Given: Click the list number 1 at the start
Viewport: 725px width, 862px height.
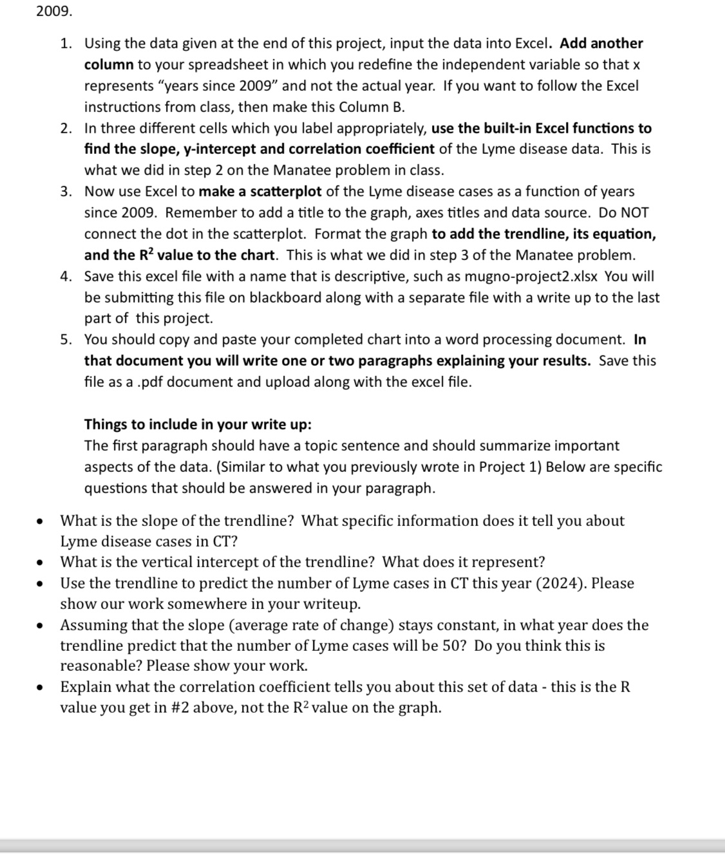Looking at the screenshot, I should click(x=65, y=44).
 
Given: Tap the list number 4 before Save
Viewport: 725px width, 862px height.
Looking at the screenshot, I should click(x=65, y=277).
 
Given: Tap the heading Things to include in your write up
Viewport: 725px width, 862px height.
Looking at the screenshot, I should click(x=198, y=425).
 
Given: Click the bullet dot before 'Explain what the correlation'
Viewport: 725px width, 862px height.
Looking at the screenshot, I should click(x=41, y=688).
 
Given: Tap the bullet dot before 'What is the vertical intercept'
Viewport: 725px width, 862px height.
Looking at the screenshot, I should click(x=41, y=563).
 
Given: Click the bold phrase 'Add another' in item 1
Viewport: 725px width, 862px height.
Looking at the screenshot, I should click(x=601, y=44).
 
